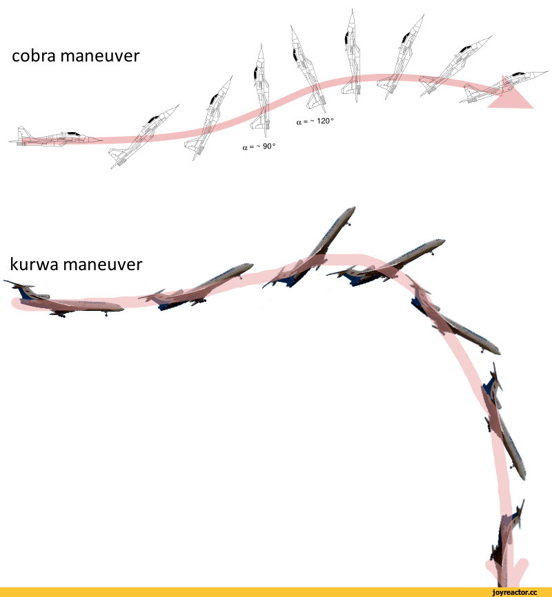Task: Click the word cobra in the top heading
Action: [x=34, y=56]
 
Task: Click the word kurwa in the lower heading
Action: [x=34, y=264]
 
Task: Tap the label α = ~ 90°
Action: [x=259, y=146]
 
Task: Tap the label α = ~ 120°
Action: [x=315, y=122]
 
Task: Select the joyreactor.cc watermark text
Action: [x=514, y=592]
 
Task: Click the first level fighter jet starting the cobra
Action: [x=55, y=137]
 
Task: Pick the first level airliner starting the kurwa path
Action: [x=63, y=301]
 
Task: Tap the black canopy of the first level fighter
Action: [x=73, y=133]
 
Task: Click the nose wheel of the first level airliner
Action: [x=106, y=314]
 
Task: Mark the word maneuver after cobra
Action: [x=100, y=57]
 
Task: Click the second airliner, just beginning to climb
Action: [x=196, y=286]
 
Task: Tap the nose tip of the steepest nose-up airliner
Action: [x=354, y=208]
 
